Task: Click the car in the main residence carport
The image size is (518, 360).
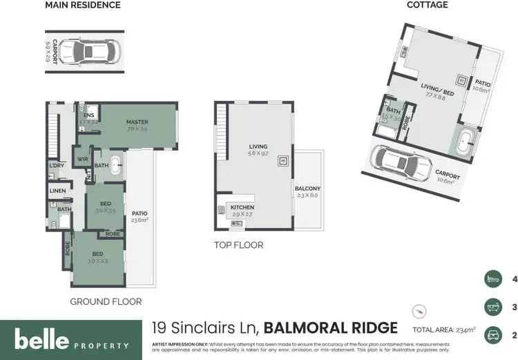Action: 88,51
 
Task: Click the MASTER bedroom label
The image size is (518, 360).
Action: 138,122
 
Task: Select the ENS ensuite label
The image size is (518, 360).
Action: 88,115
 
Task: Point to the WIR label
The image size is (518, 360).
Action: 83,160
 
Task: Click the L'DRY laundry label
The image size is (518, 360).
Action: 57,166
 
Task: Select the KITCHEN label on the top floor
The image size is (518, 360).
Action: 242,207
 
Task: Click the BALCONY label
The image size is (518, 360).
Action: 307,189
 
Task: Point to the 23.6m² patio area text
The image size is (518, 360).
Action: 140,220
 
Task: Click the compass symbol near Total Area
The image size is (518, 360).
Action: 416,310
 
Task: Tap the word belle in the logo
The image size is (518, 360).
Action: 41,339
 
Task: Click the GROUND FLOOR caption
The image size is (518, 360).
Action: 106,301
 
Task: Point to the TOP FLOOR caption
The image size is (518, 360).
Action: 238,245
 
